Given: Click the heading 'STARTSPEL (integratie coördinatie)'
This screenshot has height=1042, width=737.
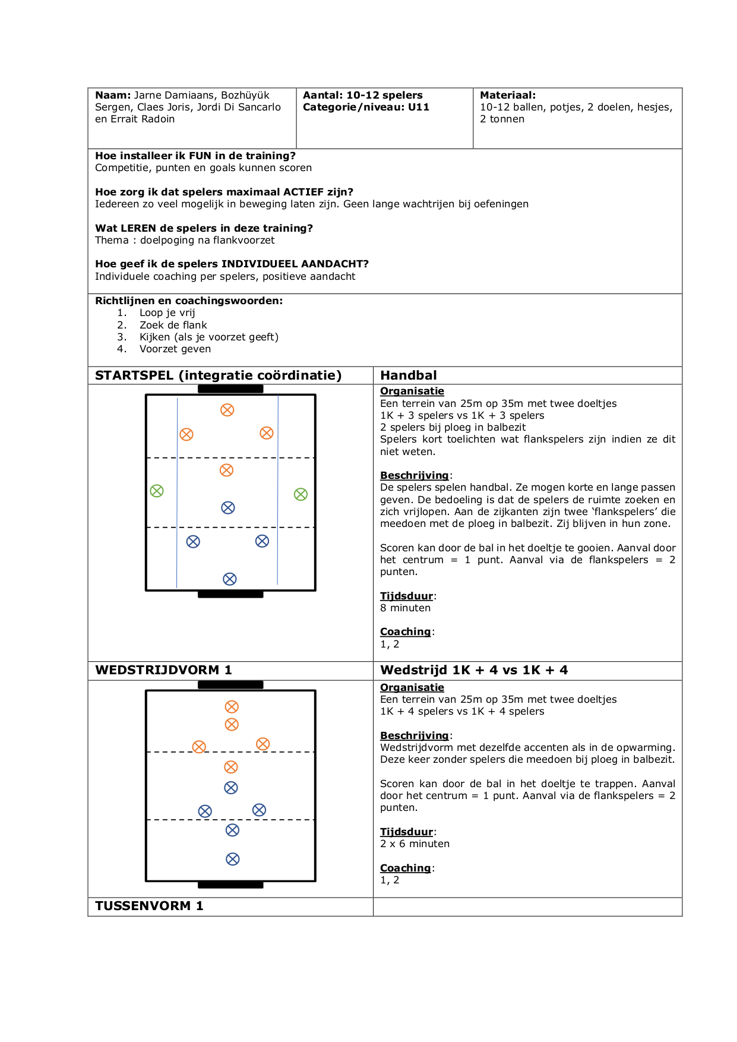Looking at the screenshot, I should click(218, 375).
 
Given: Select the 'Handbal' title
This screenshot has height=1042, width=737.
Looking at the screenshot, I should click(408, 375).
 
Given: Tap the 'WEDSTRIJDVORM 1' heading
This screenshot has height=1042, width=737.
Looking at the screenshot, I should click(163, 670).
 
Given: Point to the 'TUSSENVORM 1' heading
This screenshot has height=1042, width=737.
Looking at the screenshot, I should click(149, 906).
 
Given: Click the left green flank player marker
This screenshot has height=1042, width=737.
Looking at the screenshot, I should click(157, 491).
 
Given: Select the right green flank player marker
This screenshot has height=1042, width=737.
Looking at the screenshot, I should click(301, 494).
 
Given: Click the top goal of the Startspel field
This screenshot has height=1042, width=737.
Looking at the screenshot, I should click(230, 389).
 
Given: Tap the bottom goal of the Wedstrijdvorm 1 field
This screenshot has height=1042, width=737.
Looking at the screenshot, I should click(230, 885).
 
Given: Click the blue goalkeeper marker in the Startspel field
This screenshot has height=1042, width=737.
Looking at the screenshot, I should click(230, 579).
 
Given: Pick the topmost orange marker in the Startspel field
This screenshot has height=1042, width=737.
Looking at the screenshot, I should click(227, 410).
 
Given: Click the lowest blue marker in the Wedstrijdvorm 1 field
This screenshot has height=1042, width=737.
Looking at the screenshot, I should click(233, 859).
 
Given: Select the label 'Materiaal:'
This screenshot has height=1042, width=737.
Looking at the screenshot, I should click(508, 95).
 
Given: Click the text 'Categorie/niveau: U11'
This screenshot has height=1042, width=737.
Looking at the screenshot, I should click(366, 107).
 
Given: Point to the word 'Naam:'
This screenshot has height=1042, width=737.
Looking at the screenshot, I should click(113, 95).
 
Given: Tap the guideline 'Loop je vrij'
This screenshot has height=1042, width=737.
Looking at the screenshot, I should click(167, 313).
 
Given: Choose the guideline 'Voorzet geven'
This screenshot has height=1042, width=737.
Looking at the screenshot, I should click(175, 349).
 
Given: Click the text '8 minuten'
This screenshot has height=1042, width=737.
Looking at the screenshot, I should click(405, 608).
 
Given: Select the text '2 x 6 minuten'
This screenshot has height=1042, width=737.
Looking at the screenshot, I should click(415, 844).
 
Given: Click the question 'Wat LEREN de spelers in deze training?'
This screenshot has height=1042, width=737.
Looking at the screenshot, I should click(204, 228).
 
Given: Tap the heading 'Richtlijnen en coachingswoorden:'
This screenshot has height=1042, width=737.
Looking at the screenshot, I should click(189, 301).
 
